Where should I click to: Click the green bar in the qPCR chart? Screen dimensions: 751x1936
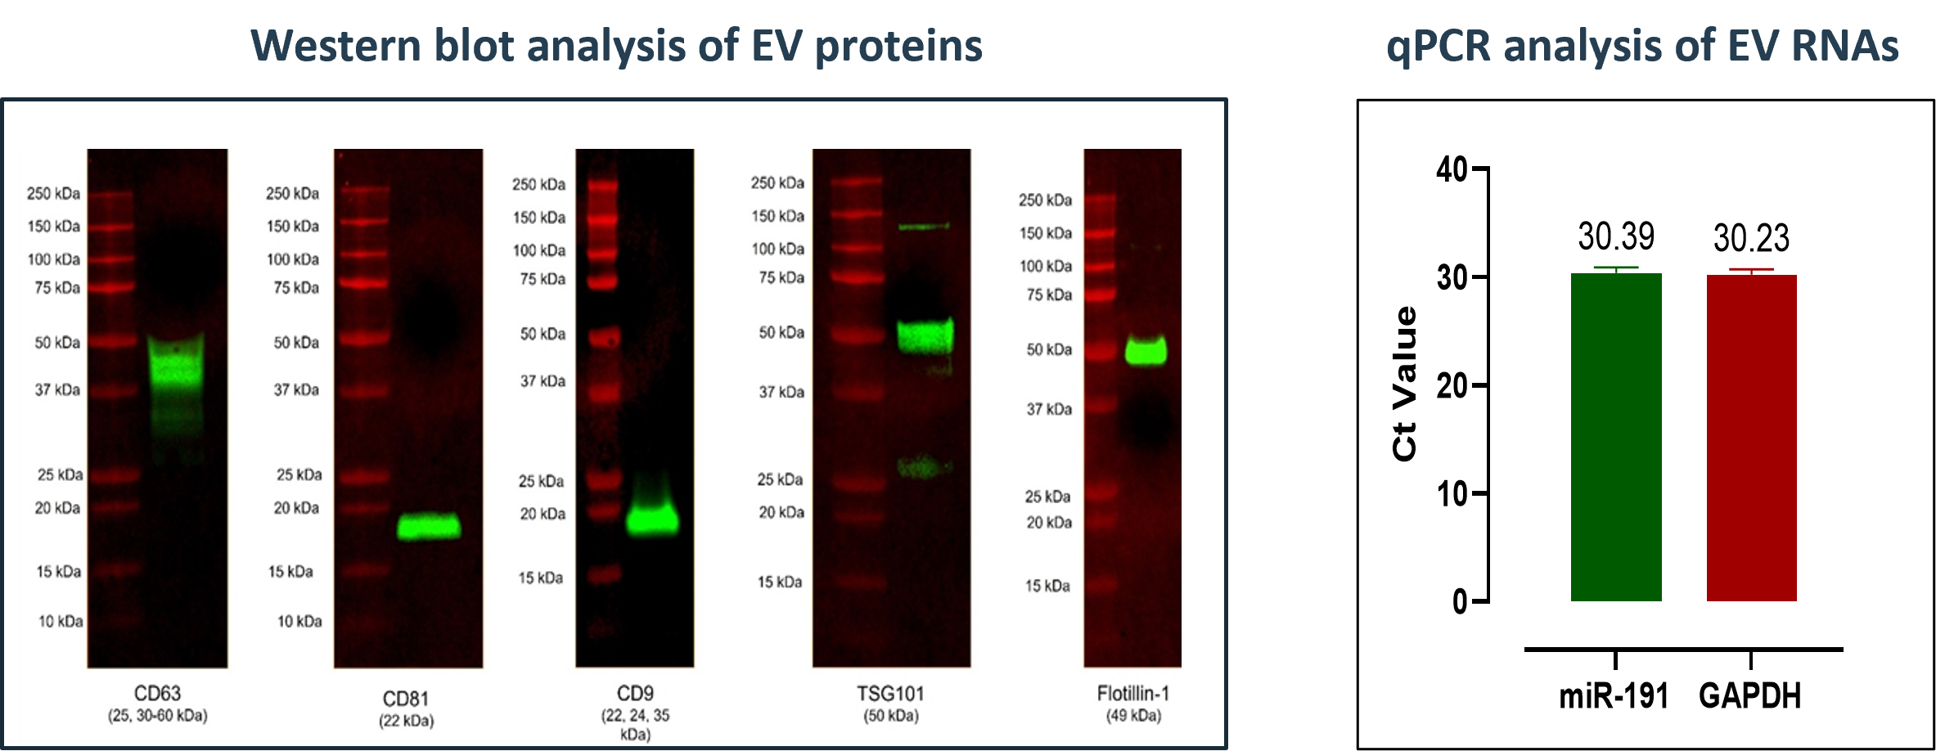click(x=1616, y=437)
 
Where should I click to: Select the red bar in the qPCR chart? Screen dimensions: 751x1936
click(x=1752, y=438)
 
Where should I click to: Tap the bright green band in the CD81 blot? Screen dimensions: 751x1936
click(x=429, y=526)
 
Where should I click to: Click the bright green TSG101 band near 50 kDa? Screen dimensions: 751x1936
click(x=925, y=336)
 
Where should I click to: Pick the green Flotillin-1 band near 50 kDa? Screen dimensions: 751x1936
click(x=1146, y=351)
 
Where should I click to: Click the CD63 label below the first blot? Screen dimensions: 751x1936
click(x=157, y=694)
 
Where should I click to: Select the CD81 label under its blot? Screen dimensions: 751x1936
click(x=406, y=699)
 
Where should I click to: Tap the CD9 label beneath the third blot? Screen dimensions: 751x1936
click(x=635, y=694)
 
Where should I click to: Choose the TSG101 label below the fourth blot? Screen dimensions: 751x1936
click(x=890, y=694)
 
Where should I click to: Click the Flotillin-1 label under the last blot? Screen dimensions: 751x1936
click(x=1133, y=694)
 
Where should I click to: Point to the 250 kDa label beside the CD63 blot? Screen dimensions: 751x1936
click(x=53, y=194)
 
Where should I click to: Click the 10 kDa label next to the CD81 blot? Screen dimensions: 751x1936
click(x=299, y=622)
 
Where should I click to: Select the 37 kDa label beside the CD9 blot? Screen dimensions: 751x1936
click(x=543, y=381)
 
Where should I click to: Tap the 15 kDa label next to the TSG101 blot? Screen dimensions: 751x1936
click(x=779, y=582)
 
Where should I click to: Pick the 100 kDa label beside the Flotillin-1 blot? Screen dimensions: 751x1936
click(x=1045, y=266)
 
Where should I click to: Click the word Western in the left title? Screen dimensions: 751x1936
click(x=335, y=46)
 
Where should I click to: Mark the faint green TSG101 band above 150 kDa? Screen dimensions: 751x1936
click(x=924, y=226)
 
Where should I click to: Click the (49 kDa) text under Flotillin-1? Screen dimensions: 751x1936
click(x=1133, y=716)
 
